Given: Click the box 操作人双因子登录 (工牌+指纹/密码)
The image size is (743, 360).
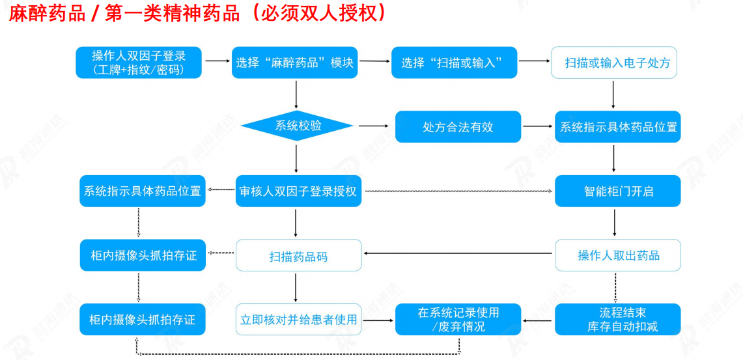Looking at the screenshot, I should coord(138,62).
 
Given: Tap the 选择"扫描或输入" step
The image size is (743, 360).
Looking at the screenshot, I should coord(454,62).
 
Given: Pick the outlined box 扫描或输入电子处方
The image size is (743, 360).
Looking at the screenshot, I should coord(614,62).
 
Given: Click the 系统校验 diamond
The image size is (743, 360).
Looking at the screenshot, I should coord(297,126).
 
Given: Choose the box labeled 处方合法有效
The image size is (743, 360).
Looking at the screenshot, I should coord(458,127).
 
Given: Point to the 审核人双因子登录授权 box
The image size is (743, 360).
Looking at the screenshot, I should coord(298,191).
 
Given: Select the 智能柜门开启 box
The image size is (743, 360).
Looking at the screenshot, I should coord(617,191).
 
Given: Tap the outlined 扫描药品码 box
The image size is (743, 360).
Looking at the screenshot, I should coord(298,256).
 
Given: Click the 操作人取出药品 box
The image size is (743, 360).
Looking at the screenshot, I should coord(617,255).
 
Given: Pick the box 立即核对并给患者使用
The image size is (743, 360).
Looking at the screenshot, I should coord(298,320).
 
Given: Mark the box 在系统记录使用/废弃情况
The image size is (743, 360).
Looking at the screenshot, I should coord(458,320).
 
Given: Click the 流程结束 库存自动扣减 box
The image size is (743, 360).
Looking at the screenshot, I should coord(617,320).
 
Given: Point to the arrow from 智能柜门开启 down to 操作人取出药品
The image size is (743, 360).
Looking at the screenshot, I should coord(615,223).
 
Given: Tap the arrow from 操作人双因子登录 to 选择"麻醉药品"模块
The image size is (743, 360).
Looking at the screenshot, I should coord(214,61).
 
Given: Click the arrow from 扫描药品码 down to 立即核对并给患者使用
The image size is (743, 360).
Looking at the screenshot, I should coord(296,287).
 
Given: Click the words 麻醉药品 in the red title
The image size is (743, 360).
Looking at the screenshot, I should coord(47,14).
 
